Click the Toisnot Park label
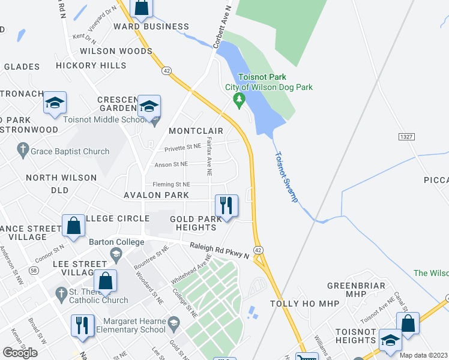pos(262,77)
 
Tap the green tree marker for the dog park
pos(240,100)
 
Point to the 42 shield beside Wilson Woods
pos(166,70)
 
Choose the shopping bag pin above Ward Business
pos(142,7)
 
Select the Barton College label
pos(116,242)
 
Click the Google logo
pos(20,353)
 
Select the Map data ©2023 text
pos(423,355)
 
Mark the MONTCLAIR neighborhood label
pos(196,131)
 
